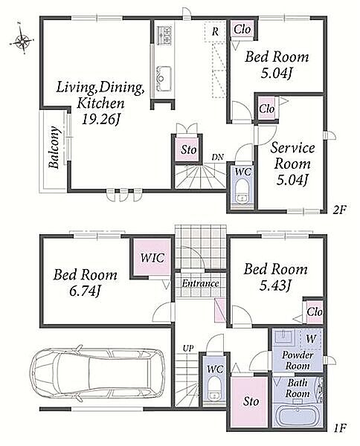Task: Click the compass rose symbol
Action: point(22,41)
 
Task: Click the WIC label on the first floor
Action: point(152,258)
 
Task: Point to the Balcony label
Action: point(54,147)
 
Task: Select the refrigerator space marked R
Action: point(215,31)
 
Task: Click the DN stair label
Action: point(218,157)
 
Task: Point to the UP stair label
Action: point(188,348)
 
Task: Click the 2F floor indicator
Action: point(339,210)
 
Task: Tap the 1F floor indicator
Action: point(338,436)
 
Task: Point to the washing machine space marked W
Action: point(311,338)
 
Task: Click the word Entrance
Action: point(200,283)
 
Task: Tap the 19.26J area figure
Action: point(100,120)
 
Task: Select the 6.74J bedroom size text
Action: point(85,291)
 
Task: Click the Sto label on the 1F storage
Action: point(251,401)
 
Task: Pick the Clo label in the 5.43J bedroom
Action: point(315,312)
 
